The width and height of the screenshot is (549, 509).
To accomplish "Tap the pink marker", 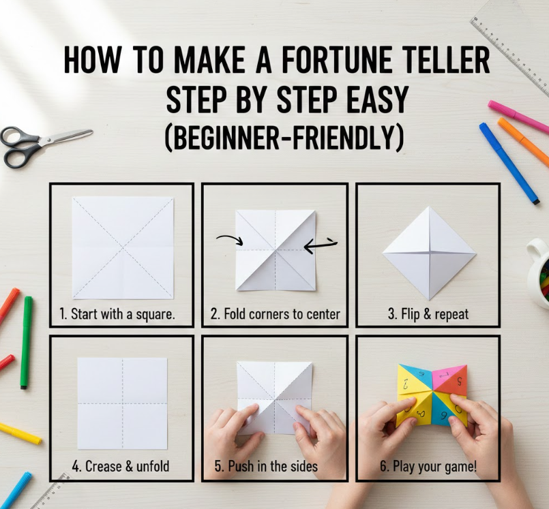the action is (519, 115).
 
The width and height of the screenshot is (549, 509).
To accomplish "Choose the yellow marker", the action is (20, 433).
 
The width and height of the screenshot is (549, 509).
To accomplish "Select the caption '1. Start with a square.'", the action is (117, 314).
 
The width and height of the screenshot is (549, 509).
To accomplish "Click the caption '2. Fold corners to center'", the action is (276, 314).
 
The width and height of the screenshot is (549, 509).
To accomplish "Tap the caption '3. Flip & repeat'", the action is (428, 314).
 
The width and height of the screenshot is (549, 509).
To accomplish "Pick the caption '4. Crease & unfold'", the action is (121, 466).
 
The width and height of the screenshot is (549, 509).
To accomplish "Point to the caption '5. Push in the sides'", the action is (266, 466).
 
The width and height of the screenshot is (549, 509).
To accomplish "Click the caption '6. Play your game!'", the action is (428, 466).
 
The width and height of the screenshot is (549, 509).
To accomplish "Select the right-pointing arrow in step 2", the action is (229, 239).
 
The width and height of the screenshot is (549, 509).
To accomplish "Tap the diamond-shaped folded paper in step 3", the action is (429, 253).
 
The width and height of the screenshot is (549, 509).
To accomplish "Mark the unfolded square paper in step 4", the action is (122, 403).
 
